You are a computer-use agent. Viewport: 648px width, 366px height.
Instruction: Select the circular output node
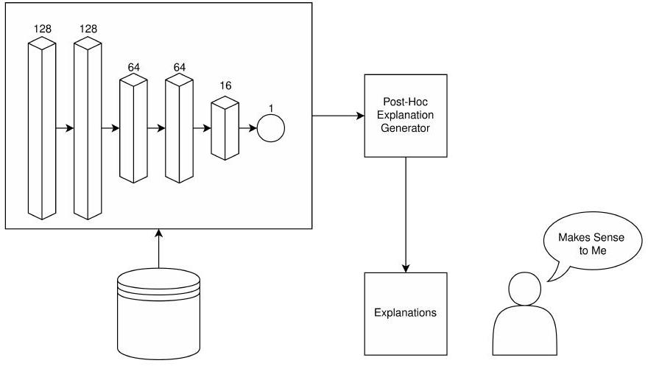coord(270,128)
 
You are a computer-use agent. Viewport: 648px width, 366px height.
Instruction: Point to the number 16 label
coord(225,86)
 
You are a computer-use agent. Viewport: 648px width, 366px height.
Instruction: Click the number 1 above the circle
coord(271,108)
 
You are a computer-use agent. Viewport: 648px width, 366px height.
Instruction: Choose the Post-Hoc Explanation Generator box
coord(406,116)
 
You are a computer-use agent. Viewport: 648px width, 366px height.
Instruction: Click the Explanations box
coord(406,313)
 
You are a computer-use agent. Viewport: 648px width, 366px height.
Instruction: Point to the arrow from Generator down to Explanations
coord(406,214)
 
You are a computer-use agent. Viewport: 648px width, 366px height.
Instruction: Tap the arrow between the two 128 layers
coord(65,128)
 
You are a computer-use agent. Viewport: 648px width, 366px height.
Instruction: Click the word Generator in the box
coord(406,128)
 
